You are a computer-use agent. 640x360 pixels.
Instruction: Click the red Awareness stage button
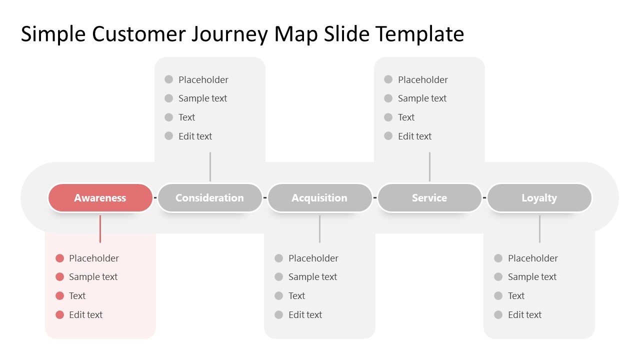[x=100, y=198]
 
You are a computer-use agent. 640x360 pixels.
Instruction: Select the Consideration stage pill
[x=209, y=198]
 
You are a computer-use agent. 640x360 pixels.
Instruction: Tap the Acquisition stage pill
[x=319, y=198]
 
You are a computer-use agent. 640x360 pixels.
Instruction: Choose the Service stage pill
[x=429, y=198]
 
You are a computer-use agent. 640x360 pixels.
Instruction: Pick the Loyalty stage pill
[x=539, y=198]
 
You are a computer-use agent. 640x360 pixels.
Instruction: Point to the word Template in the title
[x=419, y=34]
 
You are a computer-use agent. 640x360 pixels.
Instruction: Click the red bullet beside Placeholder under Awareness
[x=60, y=258]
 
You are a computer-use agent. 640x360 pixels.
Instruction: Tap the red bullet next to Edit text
[x=60, y=314]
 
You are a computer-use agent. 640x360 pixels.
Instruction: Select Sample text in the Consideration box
[x=202, y=98]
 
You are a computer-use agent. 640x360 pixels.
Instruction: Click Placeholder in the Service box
[x=422, y=79]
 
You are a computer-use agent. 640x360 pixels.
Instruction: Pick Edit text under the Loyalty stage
[x=524, y=314]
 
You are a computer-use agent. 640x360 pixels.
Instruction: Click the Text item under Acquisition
[x=296, y=296]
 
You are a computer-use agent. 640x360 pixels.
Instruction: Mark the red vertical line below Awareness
[x=100, y=229]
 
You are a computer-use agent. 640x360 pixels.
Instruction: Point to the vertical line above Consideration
[x=210, y=166]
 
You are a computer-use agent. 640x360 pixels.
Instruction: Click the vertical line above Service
[x=429, y=166]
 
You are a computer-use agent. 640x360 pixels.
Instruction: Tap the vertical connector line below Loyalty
[x=539, y=229]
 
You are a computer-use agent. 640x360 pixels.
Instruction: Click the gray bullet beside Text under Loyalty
[x=498, y=296]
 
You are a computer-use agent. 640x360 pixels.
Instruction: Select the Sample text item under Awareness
[x=93, y=277]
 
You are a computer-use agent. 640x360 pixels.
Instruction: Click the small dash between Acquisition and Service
[x=375, y=198]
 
